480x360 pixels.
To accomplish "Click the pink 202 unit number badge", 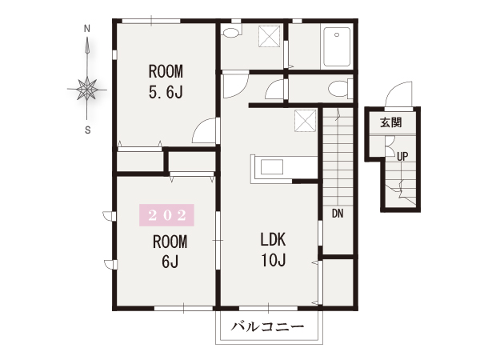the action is pos(166,215).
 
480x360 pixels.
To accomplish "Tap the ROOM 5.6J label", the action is pos(166,82).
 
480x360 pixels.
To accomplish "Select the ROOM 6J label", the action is pos(170,252).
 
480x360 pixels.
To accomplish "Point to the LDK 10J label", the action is pos(273,250).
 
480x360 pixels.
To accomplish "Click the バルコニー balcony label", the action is pos(268,326).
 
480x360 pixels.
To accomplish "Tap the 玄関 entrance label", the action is pos(391,122).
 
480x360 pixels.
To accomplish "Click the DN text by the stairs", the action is pos(338,214).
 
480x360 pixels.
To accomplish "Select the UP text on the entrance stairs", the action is pos(402,157).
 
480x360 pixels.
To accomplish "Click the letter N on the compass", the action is pos(87,29).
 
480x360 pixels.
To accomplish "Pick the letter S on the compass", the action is pos(87,130).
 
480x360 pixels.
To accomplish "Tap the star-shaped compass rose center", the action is pos(87,90).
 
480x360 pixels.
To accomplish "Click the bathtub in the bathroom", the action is pos(337,46).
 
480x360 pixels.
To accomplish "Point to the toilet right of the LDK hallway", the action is pos(340,89).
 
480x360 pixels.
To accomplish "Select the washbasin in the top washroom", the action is pos(230,33).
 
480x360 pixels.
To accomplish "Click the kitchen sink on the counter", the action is pos(271,167).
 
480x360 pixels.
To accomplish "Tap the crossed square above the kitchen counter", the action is pos(306,121).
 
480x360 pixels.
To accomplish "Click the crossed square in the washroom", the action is pos(269,37).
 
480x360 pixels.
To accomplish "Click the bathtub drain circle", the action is pos(337,35).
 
